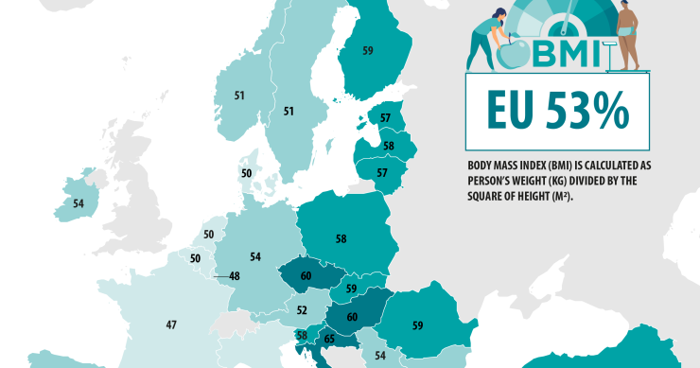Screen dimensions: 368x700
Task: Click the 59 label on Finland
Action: tap(367, 50)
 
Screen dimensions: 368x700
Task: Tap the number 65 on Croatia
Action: tap(328, 338)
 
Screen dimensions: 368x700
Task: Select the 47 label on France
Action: tap(171, 324)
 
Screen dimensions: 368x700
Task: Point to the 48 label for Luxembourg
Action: tap(235, 276)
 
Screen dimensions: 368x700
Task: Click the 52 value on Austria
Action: tap(302, 309)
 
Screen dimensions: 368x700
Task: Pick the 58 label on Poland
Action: tap(341, 238)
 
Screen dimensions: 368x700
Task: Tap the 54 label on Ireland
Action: tap(79, 203)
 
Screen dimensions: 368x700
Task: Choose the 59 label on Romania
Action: tap(417, 325)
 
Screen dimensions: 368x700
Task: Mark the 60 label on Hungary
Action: tap(352, 318)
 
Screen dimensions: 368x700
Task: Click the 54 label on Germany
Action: tap(254, 256)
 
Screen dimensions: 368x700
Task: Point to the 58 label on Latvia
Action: tap(388, 146)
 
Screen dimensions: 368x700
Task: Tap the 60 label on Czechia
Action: tap(306, 275)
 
